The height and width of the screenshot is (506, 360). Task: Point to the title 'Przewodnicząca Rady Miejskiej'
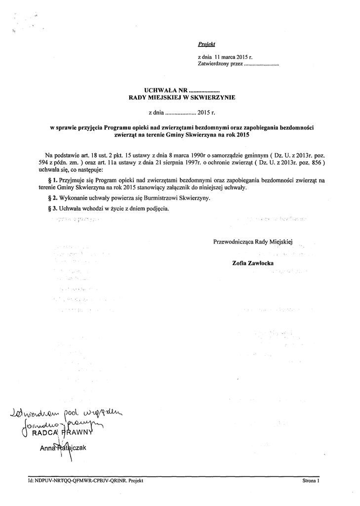click(253, 242)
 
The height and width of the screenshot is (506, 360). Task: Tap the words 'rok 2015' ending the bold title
click(239, 134)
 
